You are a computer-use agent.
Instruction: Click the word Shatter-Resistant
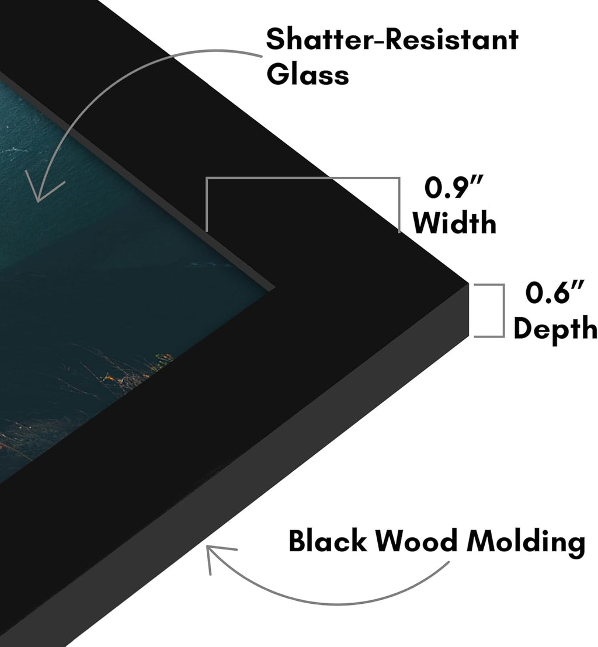tap(392, 40)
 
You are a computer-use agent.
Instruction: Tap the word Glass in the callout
tap(307, 75)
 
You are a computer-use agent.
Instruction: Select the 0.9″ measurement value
tap(454, 187)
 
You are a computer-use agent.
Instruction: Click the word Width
tap(454, 223)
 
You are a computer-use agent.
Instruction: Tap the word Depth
tap(555, 329)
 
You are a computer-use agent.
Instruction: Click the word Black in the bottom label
tap(328, 541)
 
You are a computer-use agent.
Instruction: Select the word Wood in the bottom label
tap(416, 541)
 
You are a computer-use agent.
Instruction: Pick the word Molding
tap(526, 542)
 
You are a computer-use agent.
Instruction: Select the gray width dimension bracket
tap(303, 178)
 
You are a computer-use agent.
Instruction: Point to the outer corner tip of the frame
tap(469, 283)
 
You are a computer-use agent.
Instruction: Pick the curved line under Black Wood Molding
tap(330, 603)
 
